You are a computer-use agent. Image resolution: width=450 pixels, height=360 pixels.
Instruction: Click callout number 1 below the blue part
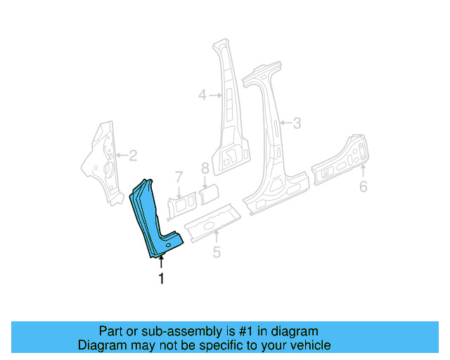[x=162, y=279]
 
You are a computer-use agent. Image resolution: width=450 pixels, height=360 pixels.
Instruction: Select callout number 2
[x=132, y=156]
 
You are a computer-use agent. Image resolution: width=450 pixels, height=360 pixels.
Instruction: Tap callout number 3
[x=297, y=124]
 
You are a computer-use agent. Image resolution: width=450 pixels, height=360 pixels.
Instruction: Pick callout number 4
[x=202, y=94]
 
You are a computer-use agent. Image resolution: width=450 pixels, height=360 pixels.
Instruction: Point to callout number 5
[x=217, y=252]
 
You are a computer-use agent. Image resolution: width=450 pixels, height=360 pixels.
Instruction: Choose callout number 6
[x=363, y=186]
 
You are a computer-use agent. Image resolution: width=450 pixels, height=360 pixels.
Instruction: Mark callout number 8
[x=205, y=169]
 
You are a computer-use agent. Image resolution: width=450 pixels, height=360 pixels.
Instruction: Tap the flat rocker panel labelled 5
[x=211, y=219]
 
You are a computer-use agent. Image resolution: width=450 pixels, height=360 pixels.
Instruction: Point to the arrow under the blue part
[x=162, y=263]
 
